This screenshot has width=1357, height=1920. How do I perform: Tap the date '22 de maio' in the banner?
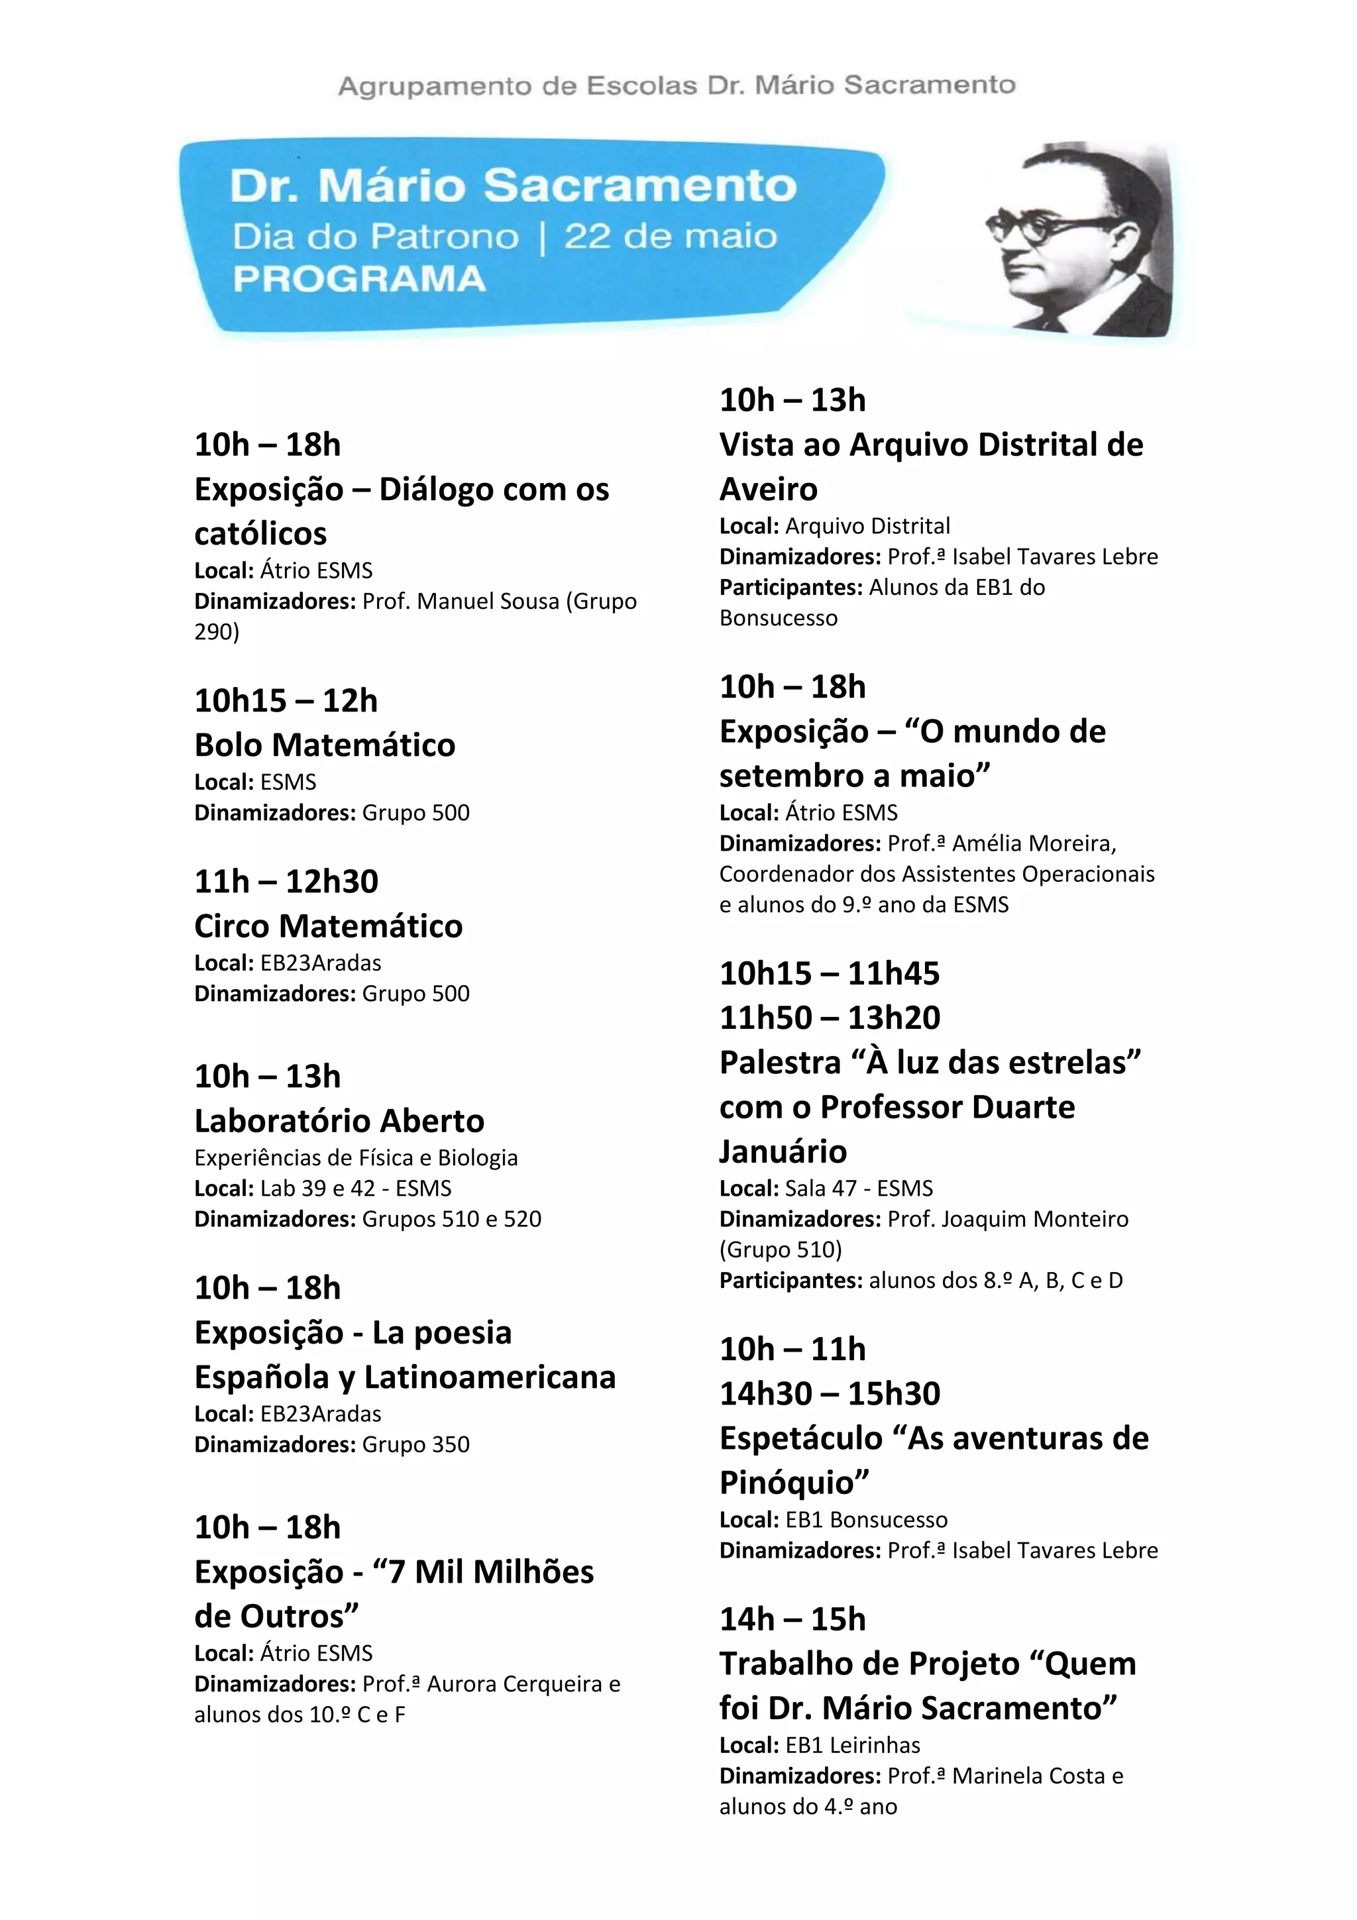point(671,237)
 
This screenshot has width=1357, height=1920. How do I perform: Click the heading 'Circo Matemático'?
point(328,926)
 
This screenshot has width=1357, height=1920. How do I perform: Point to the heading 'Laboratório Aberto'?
point(339,1120)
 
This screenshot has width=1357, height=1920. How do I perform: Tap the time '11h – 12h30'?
point(286,881)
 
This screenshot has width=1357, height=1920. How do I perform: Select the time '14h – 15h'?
point(792,1619)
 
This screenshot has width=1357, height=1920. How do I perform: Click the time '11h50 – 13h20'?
point(830,1018)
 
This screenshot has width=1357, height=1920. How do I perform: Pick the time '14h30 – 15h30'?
point(830,1393)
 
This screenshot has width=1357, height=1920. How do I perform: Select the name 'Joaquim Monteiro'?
point(1034,1219)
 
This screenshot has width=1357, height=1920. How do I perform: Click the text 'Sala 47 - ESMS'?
point(859,1189)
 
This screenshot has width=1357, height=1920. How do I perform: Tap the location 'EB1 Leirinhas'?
point(852,1745)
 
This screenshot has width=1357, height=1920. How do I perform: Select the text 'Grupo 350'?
point(415,1444)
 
